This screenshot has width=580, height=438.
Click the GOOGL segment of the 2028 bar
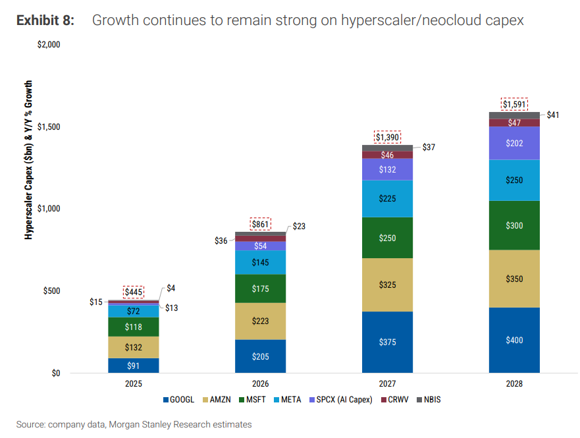pyautogui.click(x=514, y=340)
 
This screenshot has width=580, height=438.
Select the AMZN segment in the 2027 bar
pyautogui.click(x=387, y=285)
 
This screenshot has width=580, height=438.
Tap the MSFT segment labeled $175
pyautogui.click(x=261, y=288)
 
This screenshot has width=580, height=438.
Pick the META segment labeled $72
pyautogui.click(x=134, y=311)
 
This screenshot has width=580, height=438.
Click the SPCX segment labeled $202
pyautogui.click(x=514, y=143)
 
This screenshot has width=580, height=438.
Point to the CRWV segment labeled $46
pyautogui.click(x=387, y=155)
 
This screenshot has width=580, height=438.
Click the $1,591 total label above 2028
pyautogui.click(x=514, y=104)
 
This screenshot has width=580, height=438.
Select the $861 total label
pyautogui.click(x=261, y=224)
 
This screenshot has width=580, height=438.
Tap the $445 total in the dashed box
pyautogui.click(x=134, y=292)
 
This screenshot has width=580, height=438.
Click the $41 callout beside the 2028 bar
pyautogui.click(x=552, y=115)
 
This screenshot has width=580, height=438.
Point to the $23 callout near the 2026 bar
pyautogui.click(x=299, y=226)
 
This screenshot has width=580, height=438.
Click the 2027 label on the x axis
pyautogui.click(x=387, y=383)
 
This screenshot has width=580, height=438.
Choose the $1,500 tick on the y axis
pyautogui.click(x=49, y=126)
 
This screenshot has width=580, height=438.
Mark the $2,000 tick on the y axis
pyautogui.click(x=49, y=44)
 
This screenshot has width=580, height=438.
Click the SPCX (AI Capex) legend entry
pyautogui.click(x=340, y=400)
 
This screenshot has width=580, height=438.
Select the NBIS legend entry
pyautogui.click(x=429, y=400)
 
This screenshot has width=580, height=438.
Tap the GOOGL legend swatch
pyautogui.click(x=166, y=400)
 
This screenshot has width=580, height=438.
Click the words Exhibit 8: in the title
pyautogui.click(x=45, y=20)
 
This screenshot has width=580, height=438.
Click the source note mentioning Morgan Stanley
pyautogui.click(x=134, y=424)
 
